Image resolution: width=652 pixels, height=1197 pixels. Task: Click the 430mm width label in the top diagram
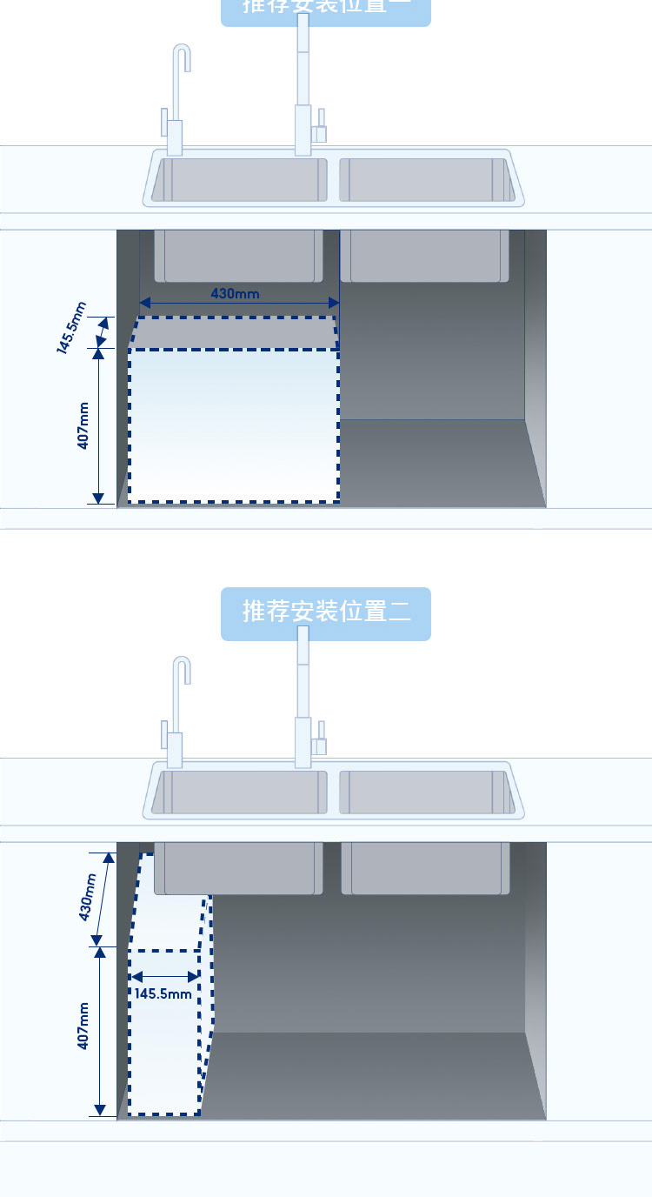(x=235, y=293)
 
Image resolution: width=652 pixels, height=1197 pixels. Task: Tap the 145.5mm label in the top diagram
(x=72, y=328)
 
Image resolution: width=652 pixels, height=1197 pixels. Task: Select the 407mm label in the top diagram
(x=83, y=425)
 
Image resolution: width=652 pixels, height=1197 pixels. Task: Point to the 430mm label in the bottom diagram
(x=86, y=897)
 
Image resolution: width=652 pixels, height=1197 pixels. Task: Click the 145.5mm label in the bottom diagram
(x=163, y=993)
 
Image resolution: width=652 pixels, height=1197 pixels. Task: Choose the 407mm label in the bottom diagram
(x=83, y=1026)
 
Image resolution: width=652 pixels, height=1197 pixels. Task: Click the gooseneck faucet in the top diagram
(x=177, y=96)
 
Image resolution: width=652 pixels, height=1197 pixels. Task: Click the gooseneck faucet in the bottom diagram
(x=177, y=709)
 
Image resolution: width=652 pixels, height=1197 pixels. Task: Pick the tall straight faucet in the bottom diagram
(x=303, y=696)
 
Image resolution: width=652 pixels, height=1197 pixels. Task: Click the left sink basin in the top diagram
(x=239, y=179)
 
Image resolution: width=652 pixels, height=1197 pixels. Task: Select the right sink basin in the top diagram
(x=426, y=179)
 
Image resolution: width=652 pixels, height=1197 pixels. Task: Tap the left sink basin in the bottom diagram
(x=239, y=792)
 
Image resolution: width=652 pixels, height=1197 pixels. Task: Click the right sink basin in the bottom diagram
(x=426, y=792)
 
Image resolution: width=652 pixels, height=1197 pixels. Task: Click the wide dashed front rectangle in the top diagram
(x=233, y=425)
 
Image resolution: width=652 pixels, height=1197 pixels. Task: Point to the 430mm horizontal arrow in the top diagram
(x=239, y=304)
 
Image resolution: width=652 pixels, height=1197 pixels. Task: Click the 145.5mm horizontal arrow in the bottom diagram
(x=164, y=978)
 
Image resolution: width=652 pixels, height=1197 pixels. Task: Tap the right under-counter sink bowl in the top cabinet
(x=424, y=256)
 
